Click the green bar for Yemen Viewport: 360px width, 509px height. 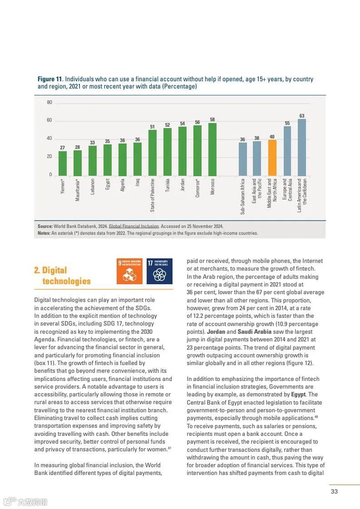click(x=63, y=163)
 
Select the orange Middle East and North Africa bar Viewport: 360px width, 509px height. click(x=272, y=158)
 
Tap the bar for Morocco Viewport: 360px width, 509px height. click(x=212, y=149)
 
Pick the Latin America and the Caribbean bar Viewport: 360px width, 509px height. click(x=302, y=147)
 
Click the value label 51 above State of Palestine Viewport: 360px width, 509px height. click(x=153, y=127)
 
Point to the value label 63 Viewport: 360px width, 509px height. click(x=302, y=116)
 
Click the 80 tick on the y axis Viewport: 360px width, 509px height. click(x=49, y=103)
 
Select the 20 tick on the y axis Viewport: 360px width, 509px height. click(x=49, y=157)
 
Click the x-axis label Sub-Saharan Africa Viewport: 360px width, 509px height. click(x=243, y=196)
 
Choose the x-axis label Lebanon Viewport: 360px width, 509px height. click(x=93, y=186)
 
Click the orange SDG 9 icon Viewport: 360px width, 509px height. click(x=129, y=271)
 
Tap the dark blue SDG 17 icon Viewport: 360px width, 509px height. click(x=159, y=271)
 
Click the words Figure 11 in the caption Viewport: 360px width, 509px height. click(x=49, y=79)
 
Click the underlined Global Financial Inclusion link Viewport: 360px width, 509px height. click(x=133, y=226)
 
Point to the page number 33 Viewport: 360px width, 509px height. click(x=334, y=491)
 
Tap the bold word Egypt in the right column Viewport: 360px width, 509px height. click(x=298, y=395)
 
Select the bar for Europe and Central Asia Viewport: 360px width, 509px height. click(x=287, y=151)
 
